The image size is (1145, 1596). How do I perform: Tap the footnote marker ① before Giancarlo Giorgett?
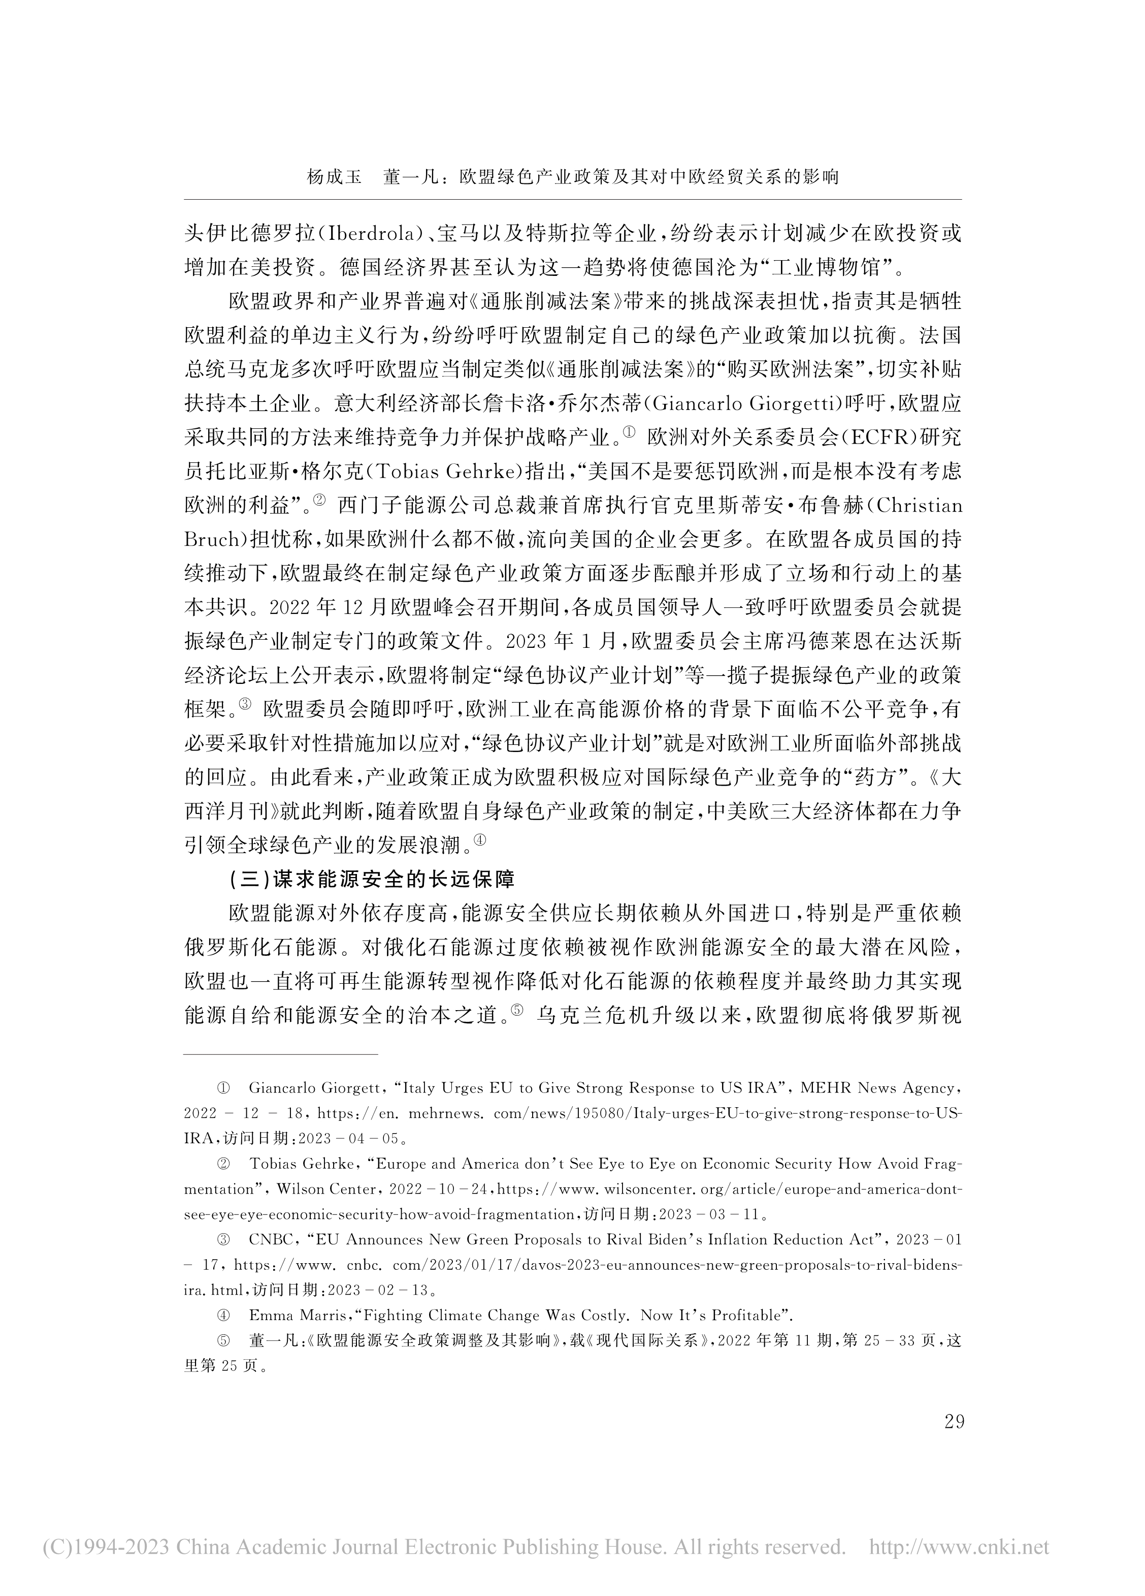coord(223,1088)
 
